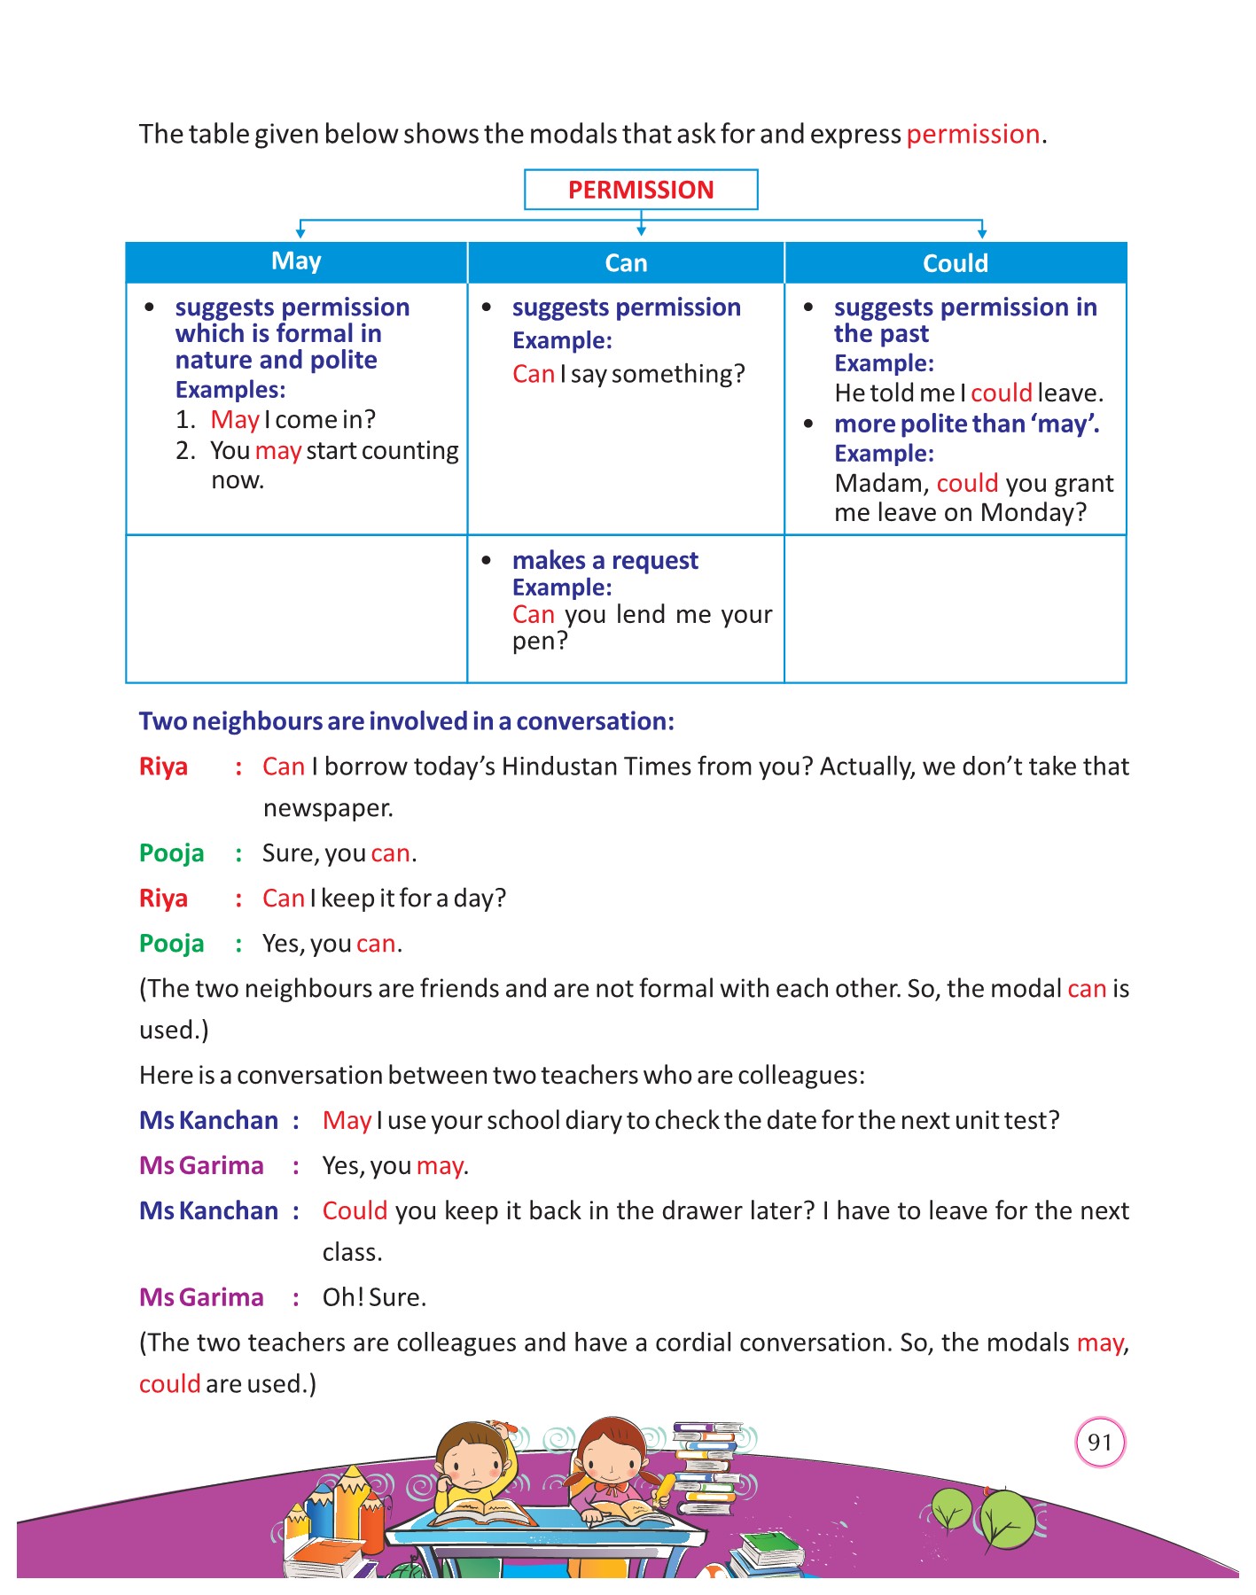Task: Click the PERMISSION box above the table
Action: point(641,190)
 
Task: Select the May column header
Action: point(296,261)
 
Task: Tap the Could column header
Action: point(955,263)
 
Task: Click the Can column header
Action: point(626,263)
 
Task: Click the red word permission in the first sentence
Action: point(972,134)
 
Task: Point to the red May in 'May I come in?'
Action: point(235,419)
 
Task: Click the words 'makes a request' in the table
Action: point(605,560)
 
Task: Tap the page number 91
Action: point(1099,1442)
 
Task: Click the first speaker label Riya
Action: point(164,766)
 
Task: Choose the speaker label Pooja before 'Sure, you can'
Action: point(172,853)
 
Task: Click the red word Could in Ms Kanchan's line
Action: point(355,1210)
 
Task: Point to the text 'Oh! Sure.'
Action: point(374,1297)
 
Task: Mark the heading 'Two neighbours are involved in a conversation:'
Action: point(406,721)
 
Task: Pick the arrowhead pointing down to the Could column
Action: point(981,233)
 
